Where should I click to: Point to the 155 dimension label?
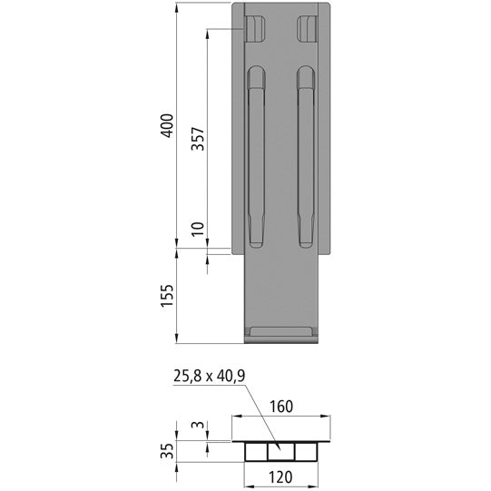coord(165,296)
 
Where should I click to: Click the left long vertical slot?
coord(257,159)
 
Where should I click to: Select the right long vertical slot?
coord(304,159)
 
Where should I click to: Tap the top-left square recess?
coord(255,29)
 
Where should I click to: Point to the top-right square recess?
coord(308,29)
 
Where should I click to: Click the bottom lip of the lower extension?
coord(282,333)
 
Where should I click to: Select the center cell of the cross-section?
coord(282,451)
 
